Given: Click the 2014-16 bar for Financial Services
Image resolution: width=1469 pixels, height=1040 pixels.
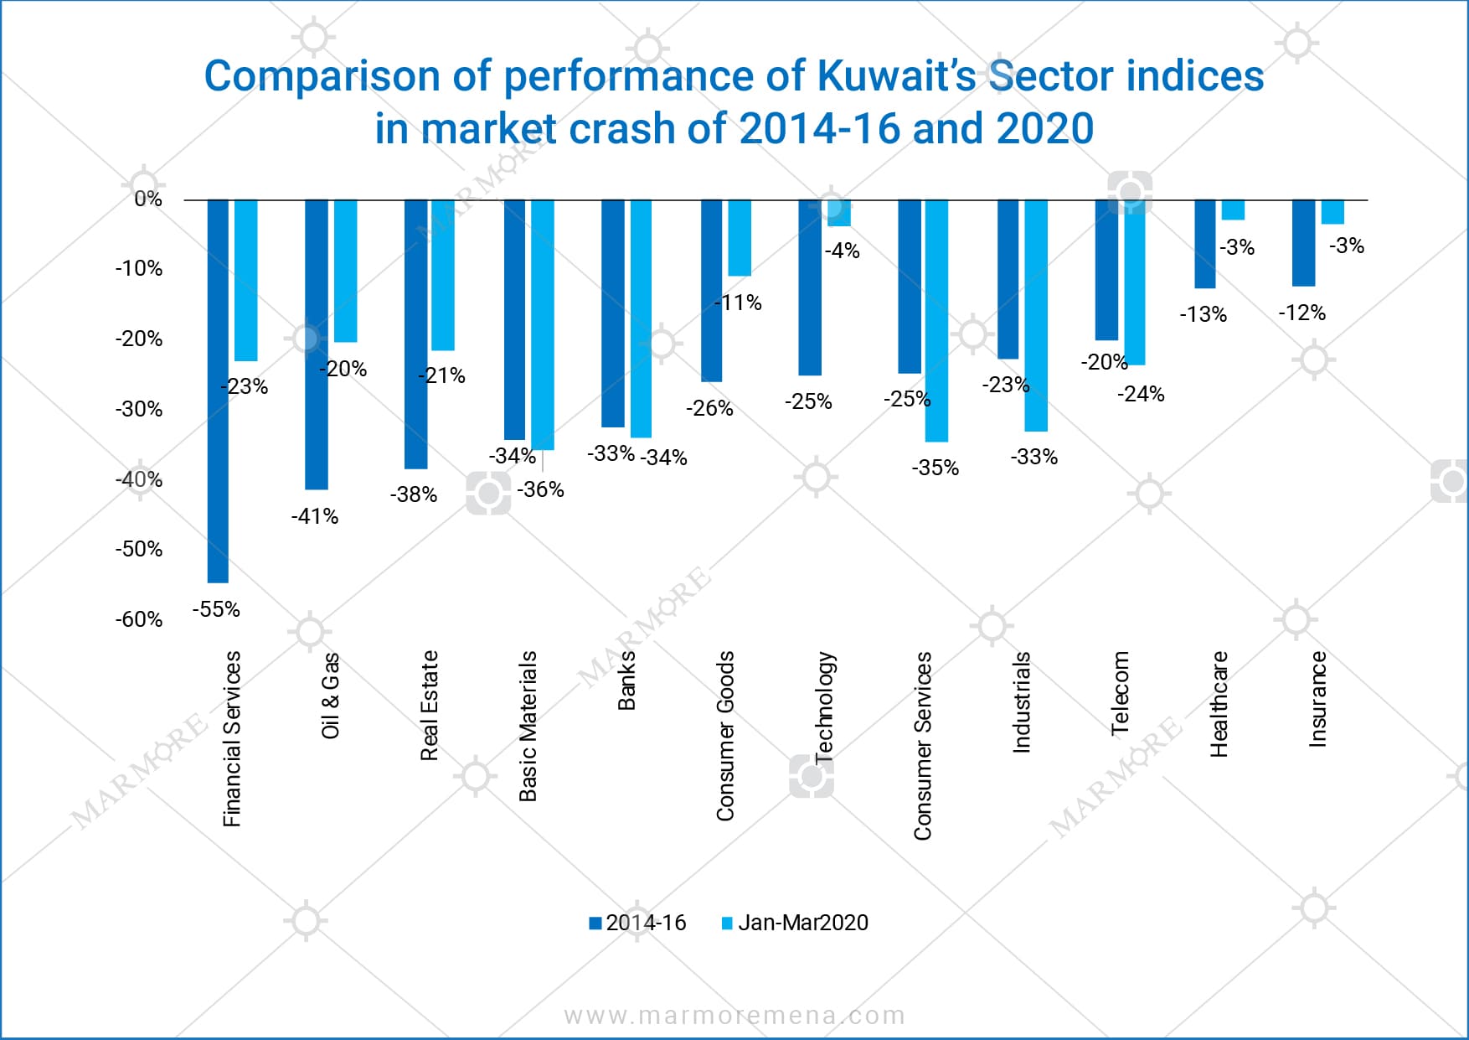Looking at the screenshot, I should (x=218, y=391).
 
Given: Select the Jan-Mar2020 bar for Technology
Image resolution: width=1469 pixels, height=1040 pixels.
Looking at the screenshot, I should (x=838, y=213).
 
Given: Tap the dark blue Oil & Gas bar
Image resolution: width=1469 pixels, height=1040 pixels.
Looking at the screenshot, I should (x=317, y=344).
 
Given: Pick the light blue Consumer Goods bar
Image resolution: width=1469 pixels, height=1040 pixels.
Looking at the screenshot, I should (x=740, y=238).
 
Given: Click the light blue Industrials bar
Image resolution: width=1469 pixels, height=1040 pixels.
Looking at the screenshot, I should (x=1036, y=315).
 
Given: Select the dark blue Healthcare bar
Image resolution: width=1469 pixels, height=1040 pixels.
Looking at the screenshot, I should (x=1204, y=244).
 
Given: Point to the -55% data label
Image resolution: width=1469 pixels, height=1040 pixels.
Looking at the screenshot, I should (x=216, y=609).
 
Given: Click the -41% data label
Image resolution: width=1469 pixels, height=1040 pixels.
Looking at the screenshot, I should (x=315, y=516).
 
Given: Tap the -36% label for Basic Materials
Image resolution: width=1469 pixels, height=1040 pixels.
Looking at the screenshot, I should (x=540, y=489).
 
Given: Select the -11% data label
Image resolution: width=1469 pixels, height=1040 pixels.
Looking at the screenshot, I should (x=738, y=303).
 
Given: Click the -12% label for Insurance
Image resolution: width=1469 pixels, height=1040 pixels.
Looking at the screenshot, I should (x=1301, y=313).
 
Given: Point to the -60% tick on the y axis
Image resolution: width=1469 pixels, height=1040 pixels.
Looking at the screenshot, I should (x=139, y=619).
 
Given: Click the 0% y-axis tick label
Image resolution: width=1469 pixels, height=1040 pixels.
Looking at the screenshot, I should (x=148, y=199).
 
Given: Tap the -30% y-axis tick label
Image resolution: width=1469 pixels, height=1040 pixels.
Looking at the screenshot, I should (x=139, y=409).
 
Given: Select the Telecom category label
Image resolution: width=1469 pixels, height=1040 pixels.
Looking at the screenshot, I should (x=1120, y=694).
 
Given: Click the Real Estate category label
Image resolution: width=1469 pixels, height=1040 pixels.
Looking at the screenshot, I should (x=429, y=705).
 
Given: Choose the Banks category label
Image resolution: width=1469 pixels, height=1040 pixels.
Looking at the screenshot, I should (x=626, y=680).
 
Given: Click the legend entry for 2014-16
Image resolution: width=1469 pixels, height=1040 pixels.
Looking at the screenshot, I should (x=637, y=923).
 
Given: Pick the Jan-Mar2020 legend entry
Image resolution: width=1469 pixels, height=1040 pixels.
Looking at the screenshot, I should (x=795, y=923).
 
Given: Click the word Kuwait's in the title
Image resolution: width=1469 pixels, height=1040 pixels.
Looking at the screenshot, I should (x=895, y=76).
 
